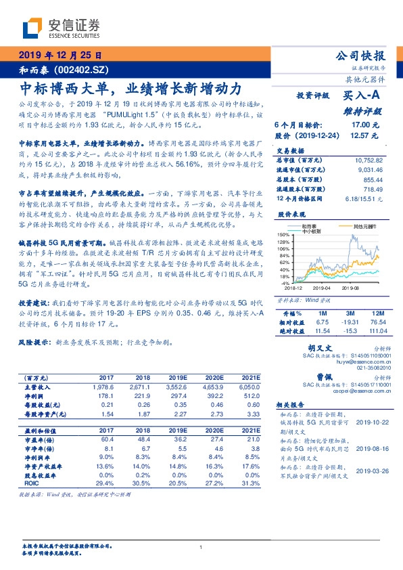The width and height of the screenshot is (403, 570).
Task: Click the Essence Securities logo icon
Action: (33, 28)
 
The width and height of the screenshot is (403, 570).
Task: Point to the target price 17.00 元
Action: (365, 125)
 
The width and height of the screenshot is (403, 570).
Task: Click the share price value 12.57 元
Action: (365, 135)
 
